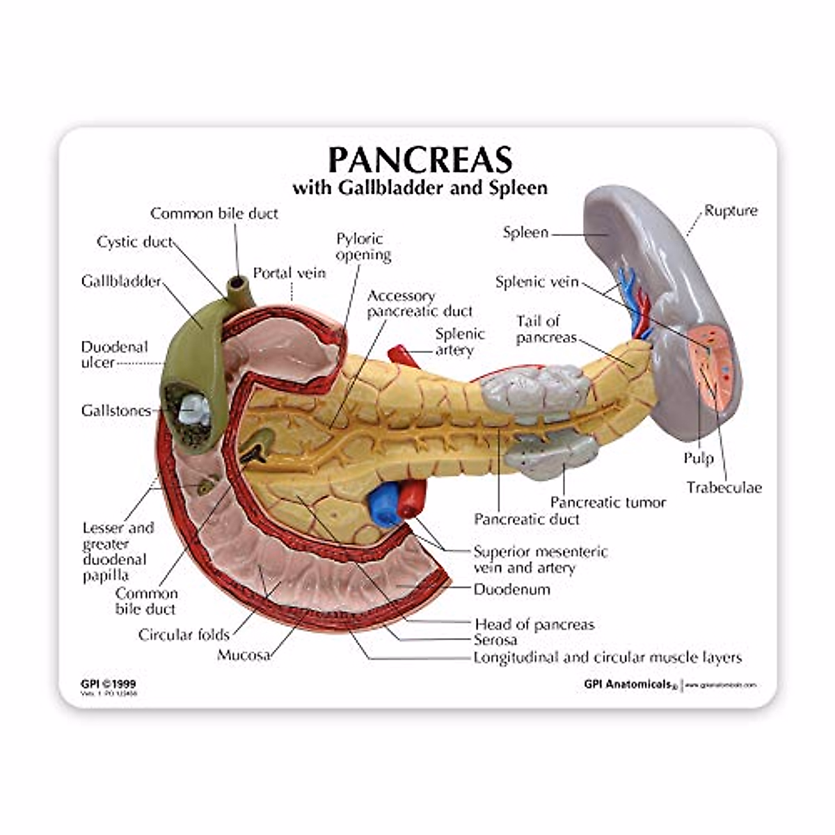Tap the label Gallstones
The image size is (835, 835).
tap(116, 411)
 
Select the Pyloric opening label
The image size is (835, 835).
tap(363, 247)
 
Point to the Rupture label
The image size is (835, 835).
tap(731, 210)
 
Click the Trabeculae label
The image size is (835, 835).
tap(724, 487)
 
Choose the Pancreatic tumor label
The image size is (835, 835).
tap(608, 502)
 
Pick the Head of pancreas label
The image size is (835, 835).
tap(534, 624)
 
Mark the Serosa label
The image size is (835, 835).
tap(495, 639)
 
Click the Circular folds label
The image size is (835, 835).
tap(184, 634)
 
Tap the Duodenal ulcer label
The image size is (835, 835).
tap(115, 354)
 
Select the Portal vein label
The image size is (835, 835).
tap(289, 273)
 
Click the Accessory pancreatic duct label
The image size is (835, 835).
tap(420, 303)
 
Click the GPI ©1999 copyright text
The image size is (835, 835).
tap(109, 684)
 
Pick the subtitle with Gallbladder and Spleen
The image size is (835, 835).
tap(420, 187)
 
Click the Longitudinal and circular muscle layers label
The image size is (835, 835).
tap(607, 657)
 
